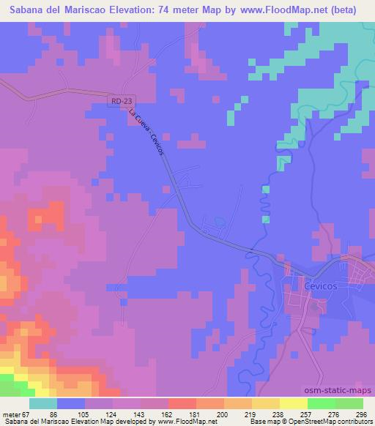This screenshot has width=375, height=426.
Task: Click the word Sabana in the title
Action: pos(25,10)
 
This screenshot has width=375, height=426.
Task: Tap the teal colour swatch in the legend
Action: pos(43,403)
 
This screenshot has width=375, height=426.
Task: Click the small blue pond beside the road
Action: pos(220,222)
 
